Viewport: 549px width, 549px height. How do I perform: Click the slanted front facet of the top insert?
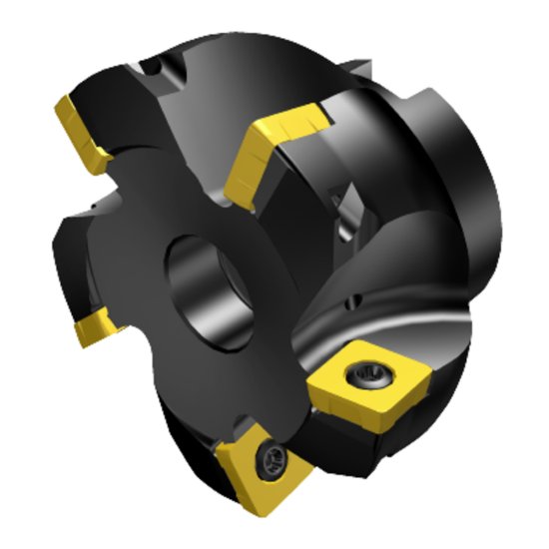(245, 165)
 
